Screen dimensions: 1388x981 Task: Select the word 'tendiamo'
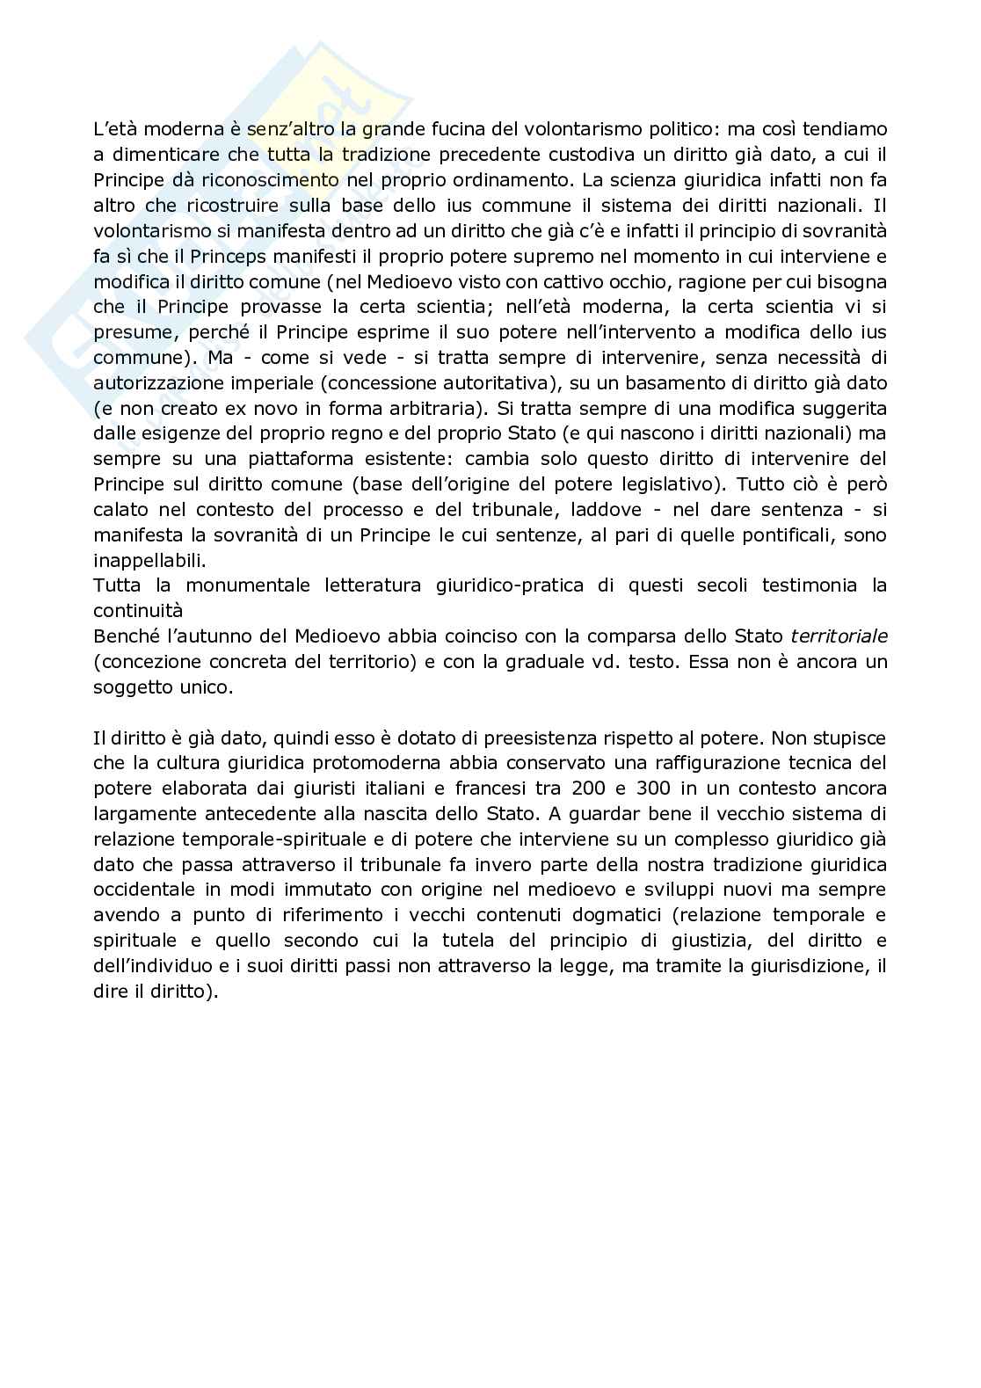(x=845, y=129)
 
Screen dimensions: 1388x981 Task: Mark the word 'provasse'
(x=282, y=307)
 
